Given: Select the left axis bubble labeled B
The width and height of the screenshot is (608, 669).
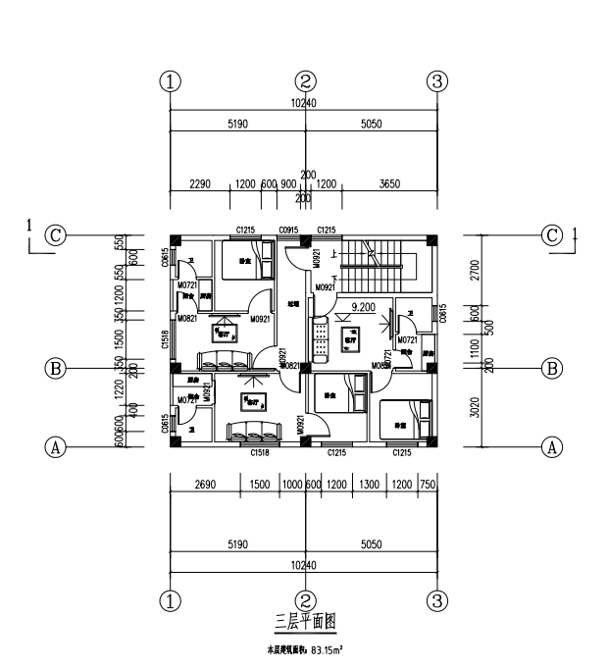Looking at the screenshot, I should pyautogui.click(x=57, y=369).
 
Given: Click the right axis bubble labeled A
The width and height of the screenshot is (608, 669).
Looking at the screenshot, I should pyautogui.click(x=552, y=447).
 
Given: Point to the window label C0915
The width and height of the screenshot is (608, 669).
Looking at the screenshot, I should pyautogui.click(x=288, y=231).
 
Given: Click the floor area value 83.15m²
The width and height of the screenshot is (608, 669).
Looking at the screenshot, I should pyautogui.click(x=326, y=649).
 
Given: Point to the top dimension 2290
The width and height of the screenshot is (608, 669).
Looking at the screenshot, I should pyautogui.click(x=200, y=184).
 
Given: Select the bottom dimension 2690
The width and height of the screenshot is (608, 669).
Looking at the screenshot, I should pyautogui.click(x=204, y=486).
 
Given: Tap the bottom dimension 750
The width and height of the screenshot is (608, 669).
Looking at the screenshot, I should pyautogui.click(x=428, y=486).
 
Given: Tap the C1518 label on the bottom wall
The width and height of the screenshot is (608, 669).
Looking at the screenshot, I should pyautogui.click(x=259, y=454).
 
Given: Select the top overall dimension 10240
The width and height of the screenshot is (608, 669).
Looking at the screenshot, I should pyautogui.click(x=304, y=102).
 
